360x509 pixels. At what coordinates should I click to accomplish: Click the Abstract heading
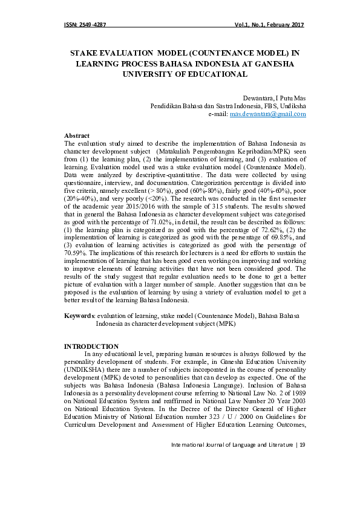[x=77, y=135]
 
